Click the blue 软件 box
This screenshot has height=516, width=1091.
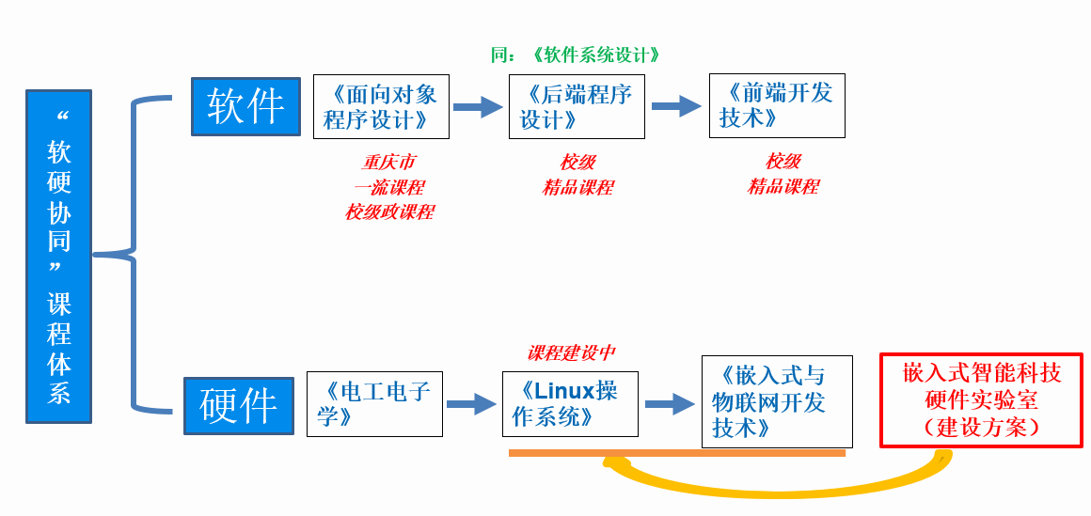[245, 106]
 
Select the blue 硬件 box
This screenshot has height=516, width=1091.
[239, 405]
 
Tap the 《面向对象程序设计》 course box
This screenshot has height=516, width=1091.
[381, 106]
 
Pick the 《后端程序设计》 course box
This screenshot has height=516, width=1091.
[577, 106]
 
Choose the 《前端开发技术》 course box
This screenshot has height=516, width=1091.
[777, 105]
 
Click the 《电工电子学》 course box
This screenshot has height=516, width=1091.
[374, 404]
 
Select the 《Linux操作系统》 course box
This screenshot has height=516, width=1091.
[570, 404]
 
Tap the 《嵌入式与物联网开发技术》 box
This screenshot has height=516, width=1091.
[777, 401]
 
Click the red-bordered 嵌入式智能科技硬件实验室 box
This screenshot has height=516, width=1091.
[981, 400]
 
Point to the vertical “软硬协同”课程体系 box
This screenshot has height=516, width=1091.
[59, 257]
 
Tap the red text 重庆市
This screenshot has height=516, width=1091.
[389, 163]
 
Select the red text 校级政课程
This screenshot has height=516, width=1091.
[389, 212]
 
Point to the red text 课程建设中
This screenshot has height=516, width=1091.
[571, 353]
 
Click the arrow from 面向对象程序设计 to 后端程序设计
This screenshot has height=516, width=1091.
[479, 106]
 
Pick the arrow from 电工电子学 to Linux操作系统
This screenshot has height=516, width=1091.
[471, 404]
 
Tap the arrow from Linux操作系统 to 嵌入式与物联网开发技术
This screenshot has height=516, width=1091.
[670, 404]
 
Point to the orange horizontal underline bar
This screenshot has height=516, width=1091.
[677, 453]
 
